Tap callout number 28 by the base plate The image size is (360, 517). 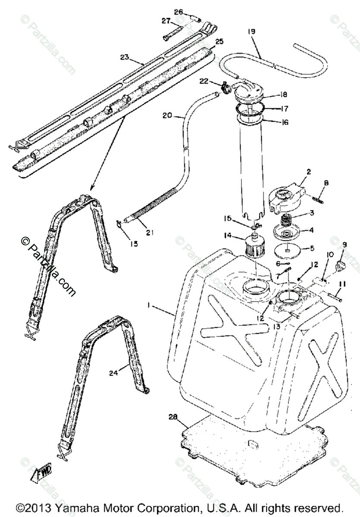tap(173, 417)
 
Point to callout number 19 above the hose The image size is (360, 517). tap(251, 31)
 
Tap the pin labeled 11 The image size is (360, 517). tap(335, 297)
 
